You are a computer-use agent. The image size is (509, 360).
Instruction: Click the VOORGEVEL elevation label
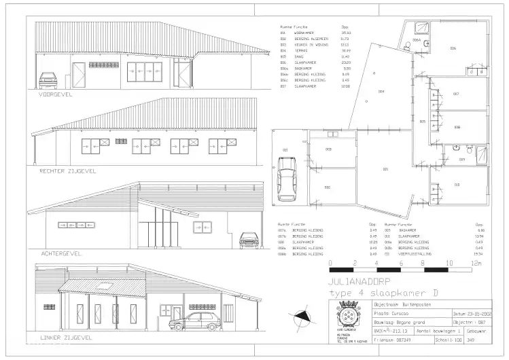[55, 94]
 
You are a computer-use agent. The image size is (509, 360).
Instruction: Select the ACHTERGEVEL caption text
[60, 253]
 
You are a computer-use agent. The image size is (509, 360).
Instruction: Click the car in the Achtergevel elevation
[249, 240]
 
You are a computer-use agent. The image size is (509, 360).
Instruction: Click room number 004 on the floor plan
[381, 91]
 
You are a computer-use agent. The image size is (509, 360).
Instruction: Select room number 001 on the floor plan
[386, 168]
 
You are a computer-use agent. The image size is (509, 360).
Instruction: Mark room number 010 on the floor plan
[456, 184]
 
